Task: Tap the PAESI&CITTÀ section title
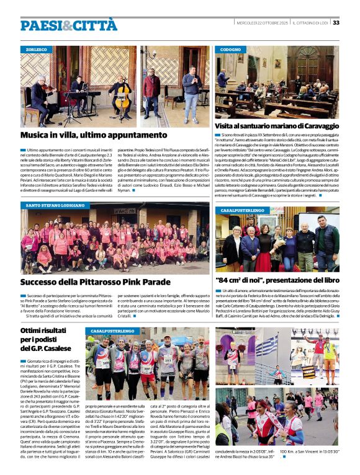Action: pyautogui.click(x=68, y=25)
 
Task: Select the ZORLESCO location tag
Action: pyautogui.click(x=37, y=48)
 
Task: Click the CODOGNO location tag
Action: pyautogui.click(x=231, y=48)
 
